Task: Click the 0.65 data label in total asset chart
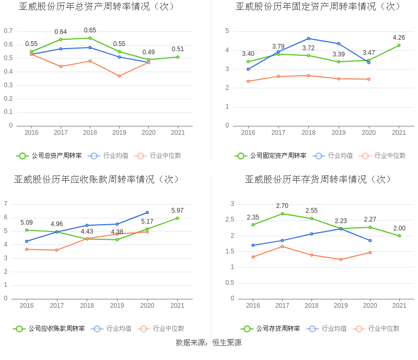pos(90,30)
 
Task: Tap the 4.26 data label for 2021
pos(399,38)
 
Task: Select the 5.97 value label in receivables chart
pos(178,211)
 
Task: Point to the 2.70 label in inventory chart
pos(282,206)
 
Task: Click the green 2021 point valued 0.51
pos(178,57)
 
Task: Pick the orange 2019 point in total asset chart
pos(119,76)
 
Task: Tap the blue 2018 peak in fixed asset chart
pos(308,39)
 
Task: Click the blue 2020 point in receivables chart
pos(147,213)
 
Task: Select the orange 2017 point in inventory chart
pos(282,247)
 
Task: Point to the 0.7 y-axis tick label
pos(8,31)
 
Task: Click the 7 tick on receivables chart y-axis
pos(6,204)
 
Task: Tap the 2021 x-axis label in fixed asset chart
pos(399,133)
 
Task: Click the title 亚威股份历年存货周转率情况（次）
pos(319,179)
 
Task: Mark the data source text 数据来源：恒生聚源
pos(208,343)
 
